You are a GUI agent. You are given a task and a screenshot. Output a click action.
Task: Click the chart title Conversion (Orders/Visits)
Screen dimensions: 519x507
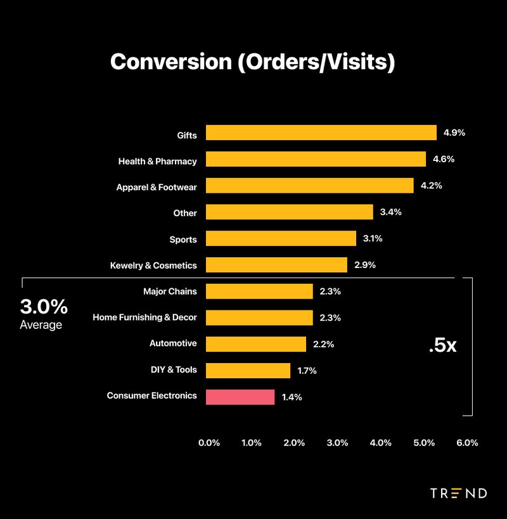[x=252, y=62]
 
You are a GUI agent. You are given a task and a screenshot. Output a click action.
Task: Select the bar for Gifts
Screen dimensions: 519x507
[x=321, y=133]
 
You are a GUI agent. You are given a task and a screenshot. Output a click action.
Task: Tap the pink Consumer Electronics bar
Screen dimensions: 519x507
[x=240, y=397]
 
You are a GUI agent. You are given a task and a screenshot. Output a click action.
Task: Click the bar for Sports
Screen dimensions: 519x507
[x=281, y=239]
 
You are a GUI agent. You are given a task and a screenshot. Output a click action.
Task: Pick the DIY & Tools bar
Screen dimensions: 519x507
[x=248, y=370]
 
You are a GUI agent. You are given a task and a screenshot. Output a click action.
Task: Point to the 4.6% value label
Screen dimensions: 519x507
[x=444, y=160]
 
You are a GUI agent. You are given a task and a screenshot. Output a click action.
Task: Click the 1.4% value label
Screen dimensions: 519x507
[x=292, y=397]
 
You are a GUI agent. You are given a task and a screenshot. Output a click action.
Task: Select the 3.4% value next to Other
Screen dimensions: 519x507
[x=391, y=212]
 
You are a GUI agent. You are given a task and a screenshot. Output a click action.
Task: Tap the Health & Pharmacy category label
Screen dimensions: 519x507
[x=157, y=162]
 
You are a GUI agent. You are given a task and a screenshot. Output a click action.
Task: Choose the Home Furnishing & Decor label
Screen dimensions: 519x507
[x=144, y=317]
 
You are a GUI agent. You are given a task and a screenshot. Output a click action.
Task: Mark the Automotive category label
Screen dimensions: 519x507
[x=173, y=343]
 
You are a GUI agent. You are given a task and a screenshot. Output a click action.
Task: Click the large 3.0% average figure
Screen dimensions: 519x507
[x=44, y=307]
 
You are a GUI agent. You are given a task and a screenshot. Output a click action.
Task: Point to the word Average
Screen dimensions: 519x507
[x=41, y=325]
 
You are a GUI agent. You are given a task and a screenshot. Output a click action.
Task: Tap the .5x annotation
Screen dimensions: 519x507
[x=442, y=346]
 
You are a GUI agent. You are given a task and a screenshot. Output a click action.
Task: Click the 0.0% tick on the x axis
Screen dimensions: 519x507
[x=209, y=443]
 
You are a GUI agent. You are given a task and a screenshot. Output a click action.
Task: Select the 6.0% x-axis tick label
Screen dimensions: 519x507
[x=467, y=443]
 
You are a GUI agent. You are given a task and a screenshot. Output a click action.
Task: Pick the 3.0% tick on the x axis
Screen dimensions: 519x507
[x=338, y=443]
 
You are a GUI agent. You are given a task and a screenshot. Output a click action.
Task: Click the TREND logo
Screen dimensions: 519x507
[x=458, y=493]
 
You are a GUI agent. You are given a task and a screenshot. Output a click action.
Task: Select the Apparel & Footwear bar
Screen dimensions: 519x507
[x=309, y=186]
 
